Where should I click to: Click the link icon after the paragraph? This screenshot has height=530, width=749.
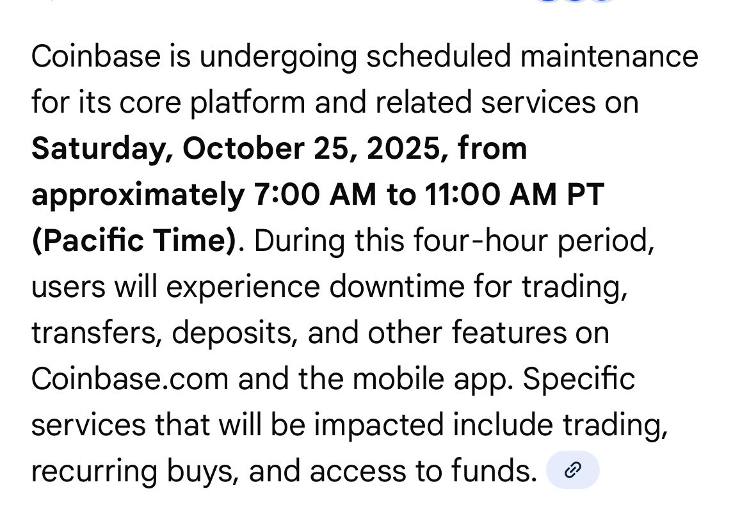[572, 470]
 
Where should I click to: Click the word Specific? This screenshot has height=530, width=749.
[579, 380]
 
